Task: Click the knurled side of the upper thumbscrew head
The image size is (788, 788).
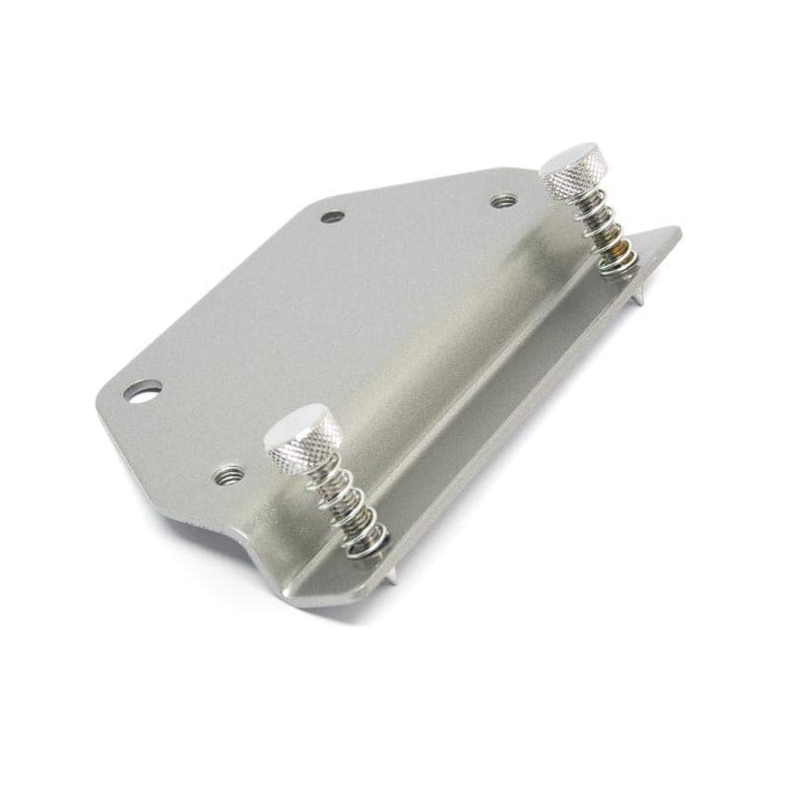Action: [576, 182]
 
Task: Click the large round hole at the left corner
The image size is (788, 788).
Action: [144, 392]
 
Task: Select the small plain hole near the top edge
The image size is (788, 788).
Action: [333, 217]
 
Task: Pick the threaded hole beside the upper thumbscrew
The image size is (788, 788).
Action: [504, 201]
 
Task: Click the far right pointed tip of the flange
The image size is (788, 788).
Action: [678, 231]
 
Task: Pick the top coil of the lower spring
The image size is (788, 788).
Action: [325, 480]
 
